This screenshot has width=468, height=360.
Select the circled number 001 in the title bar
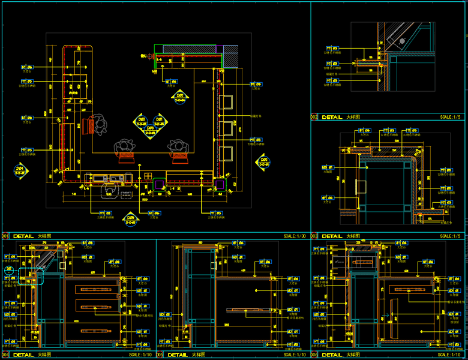(5, 236)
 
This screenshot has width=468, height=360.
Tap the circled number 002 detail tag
(314, 117)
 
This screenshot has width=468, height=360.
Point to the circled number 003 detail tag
(314, 236)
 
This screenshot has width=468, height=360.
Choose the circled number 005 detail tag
(160, 355)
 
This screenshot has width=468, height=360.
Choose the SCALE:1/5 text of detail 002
(450, 117)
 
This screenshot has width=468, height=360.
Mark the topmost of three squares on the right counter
(227, 100)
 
